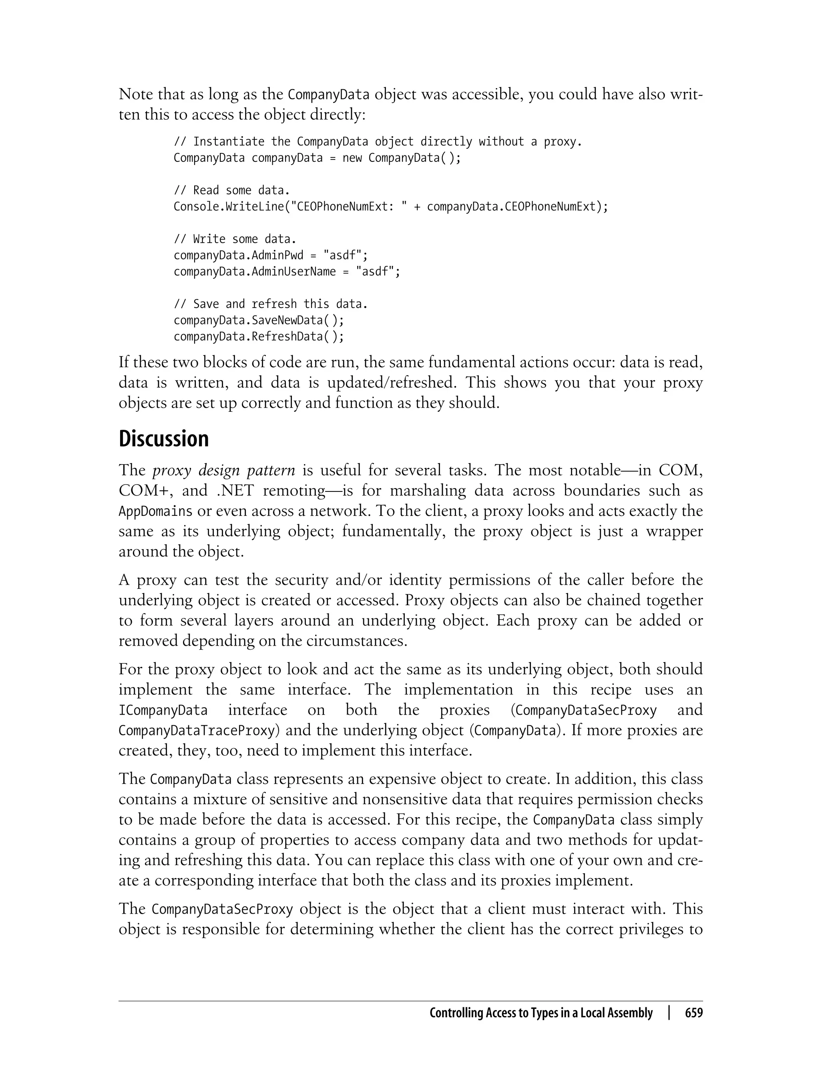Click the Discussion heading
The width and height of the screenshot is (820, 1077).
click(163, 439)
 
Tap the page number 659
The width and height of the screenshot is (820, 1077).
click(693, 1013)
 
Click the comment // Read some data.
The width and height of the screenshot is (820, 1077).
click(232, 190)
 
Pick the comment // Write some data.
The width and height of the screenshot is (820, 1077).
click(235, 239)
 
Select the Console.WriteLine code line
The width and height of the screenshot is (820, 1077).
click(391, 207)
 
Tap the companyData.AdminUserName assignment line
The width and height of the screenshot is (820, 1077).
click(287, 272)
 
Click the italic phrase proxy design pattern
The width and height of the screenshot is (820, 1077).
click(223, 470)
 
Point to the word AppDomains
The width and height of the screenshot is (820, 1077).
click(156, 511)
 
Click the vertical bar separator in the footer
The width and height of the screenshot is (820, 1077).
click(669, 1013)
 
